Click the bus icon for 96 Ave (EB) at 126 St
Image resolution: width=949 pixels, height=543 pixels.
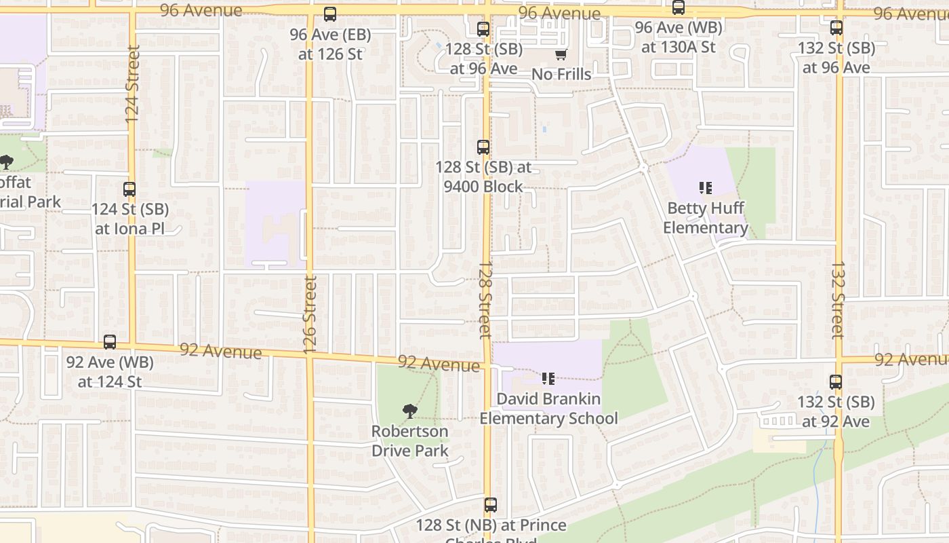coord(330,14)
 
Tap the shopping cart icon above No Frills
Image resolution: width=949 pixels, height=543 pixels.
coord(561,55)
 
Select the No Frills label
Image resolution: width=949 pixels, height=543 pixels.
coord(561,74)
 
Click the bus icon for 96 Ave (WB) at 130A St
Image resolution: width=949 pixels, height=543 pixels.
coord(679,8)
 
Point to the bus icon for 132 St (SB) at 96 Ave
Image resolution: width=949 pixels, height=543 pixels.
coord(836,29)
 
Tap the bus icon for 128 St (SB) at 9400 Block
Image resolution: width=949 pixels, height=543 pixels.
coord(483,147)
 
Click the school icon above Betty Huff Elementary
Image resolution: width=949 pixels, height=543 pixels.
coord(706,188)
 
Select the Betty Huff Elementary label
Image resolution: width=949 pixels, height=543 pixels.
coord(706,218)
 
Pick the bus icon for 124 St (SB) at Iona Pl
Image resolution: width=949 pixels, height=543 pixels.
coord(129,190)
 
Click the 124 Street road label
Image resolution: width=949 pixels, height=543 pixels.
coord(132,84)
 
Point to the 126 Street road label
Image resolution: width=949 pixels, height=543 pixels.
coord(310,314)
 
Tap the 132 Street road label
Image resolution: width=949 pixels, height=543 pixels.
coord(838,300)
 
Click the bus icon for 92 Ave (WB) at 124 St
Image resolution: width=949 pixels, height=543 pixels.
coord(110,343)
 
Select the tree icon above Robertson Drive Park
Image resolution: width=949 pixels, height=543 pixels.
coord(409,411)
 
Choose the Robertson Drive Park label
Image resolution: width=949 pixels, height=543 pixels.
coord(410,441)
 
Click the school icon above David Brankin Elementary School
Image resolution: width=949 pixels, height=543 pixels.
coord(548,379)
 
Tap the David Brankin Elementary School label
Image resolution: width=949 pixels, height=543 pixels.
coord(548,408)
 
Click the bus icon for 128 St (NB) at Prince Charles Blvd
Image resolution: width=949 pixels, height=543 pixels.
coord(491,506)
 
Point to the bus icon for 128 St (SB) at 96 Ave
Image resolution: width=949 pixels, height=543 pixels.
coord(483,30)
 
